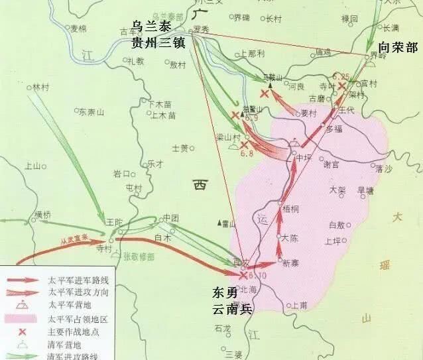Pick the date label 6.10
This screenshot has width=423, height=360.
(256, 274)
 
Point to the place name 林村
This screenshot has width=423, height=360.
(41, 87)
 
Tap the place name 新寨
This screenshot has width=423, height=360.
(290, 263)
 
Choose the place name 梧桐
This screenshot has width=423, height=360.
(290, 208)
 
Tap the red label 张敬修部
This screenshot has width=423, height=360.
(138, 255)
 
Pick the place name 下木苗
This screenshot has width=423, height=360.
(160, 103)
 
